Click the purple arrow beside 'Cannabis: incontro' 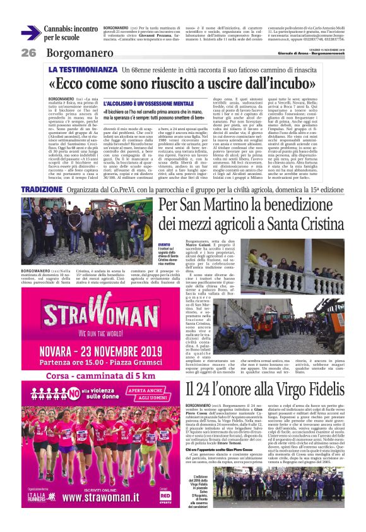(31, 33)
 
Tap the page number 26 (28, 53)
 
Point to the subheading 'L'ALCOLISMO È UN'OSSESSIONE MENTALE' (139, 102)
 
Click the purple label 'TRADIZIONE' (41, 190)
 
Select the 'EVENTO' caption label (164, 245)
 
